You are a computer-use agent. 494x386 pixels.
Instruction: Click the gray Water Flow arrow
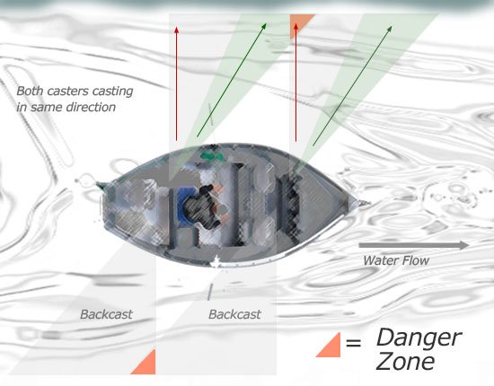413,245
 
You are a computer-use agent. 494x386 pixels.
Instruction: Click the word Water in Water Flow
381,260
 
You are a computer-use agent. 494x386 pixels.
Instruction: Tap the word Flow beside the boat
415,260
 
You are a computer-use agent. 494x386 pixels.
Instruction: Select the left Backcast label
106,314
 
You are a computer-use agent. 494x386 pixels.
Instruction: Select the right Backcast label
234,314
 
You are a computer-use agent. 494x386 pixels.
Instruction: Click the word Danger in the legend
418,338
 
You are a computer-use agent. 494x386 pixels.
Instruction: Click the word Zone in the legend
405,362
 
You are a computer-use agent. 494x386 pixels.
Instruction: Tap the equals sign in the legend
353,343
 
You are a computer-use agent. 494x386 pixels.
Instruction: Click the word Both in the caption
30,92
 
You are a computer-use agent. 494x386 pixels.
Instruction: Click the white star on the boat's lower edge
218,262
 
